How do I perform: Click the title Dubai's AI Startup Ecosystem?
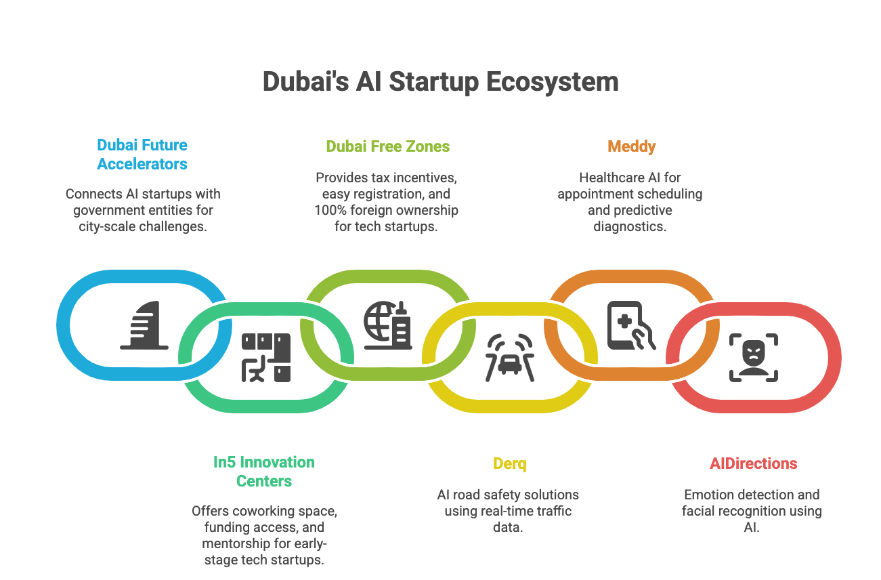(440, 82)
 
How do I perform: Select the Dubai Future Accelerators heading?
(142, 154)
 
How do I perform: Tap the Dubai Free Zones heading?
(387, 146)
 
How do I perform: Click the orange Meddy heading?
(631, 146)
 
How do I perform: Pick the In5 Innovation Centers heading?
(264, 472)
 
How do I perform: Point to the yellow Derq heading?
(509, 464)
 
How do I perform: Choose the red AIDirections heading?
(753, 464)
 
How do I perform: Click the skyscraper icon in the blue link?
(144, 327)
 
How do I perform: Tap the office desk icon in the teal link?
(266, 357)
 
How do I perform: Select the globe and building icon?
(387, 325)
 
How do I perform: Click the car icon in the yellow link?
(509, 357)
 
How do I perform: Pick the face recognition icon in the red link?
(753, 357)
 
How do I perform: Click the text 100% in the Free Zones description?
(329, 210)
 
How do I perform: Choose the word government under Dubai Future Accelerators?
(106, 210)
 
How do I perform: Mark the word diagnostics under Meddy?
(630, 226)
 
